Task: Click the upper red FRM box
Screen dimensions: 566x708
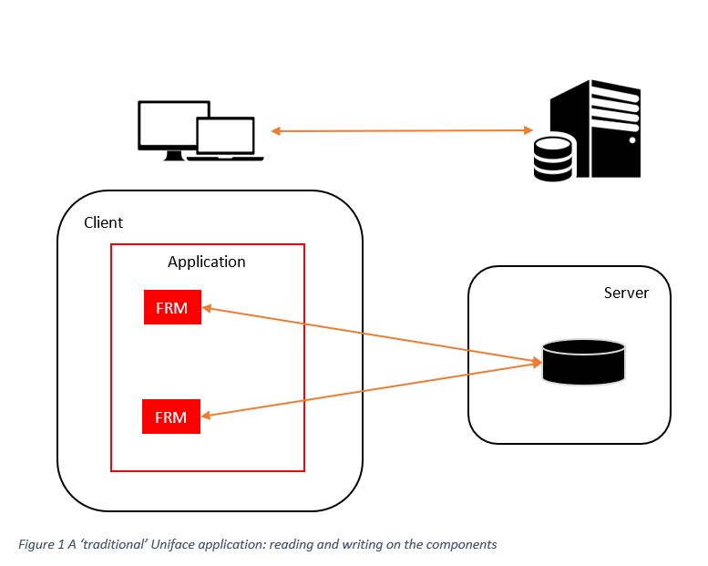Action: (x=171, y=308)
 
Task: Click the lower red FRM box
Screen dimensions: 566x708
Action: (x=171, y=417)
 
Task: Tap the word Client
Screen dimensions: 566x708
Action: (x=103, y=222)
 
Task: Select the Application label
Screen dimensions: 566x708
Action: (x=207, y=262)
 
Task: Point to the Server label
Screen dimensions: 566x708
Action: (x=626, y=293)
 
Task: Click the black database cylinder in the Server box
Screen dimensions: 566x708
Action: (x=583, y=362)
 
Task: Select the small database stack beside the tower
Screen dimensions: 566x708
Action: (x=552, y=158)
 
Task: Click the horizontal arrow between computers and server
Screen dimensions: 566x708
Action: (x=401, y=131)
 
